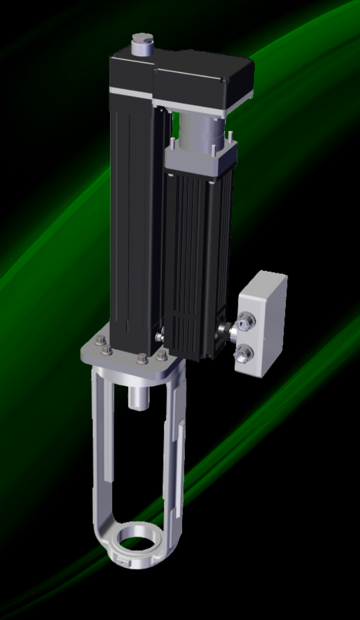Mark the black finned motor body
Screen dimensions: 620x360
click(198, 258)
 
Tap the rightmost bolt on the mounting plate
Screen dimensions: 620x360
click(161, 356)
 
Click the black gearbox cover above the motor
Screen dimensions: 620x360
click(204, 83)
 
